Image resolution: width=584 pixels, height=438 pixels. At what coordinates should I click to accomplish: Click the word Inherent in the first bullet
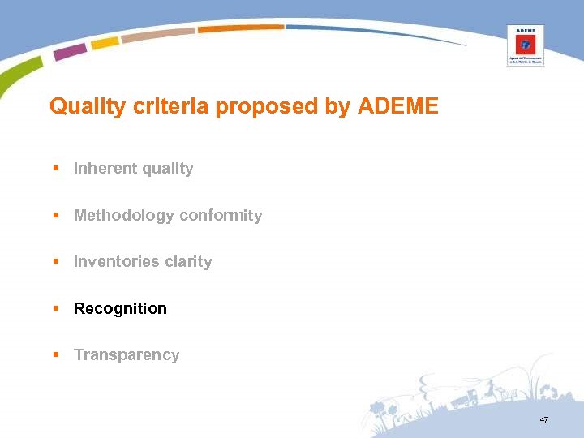coord(105,169)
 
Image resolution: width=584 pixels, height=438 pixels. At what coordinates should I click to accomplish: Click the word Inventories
coord(117,262)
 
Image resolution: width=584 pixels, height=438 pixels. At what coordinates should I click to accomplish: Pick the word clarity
coord(188,262)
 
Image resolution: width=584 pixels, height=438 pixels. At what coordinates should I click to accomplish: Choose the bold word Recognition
coord(120,309)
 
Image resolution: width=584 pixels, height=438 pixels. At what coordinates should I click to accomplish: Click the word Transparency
coord(127,355)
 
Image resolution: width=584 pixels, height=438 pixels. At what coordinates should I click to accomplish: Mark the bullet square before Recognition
coord(56,309)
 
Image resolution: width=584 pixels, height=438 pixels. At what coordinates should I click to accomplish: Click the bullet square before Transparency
coord(56,355)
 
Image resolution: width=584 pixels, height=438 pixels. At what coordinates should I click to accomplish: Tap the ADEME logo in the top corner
coord(525,45)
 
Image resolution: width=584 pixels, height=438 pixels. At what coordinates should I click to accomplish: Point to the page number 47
coord(543,419)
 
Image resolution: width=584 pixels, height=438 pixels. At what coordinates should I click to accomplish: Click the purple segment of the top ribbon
coord(71,51)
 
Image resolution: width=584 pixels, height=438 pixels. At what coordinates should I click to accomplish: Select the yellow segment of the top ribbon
coord(105,42)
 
